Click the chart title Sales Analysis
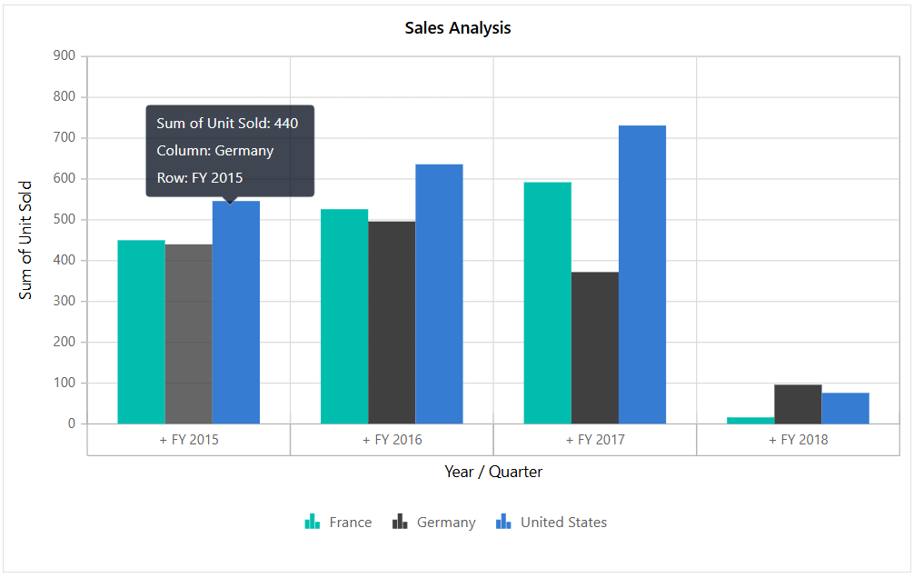pyautogui.click(x=457, y=28)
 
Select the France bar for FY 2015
pyautogui.click(x=141, y=332)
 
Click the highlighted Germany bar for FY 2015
pyautogui.click(x=188, y=334)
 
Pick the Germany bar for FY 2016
pyautogui.click(x=392, y=323)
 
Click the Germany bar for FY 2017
pyautogui.click(x=595, y=348)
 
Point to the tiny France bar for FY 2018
pyautogui.click(x=750, y=420)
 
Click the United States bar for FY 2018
pyautogui.click(x=845, y=408)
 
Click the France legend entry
pyautogui.click(x=338, y=523)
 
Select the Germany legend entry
pyautogui.click(x=434, y=523)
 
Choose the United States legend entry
pyautogui.click(x=551, y=523)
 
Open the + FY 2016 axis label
pyautogui.click(x=392, y=440)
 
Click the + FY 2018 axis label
pyautogui.click(x=798, y=440)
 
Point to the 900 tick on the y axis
pyautogui.click(x=64, y=56)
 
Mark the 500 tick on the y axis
pyautogui.click(x=64, y=220)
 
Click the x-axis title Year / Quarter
pyautogui.click(x=493, y=472)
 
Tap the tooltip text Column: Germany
pyautogui.click(x=215, y=151)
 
